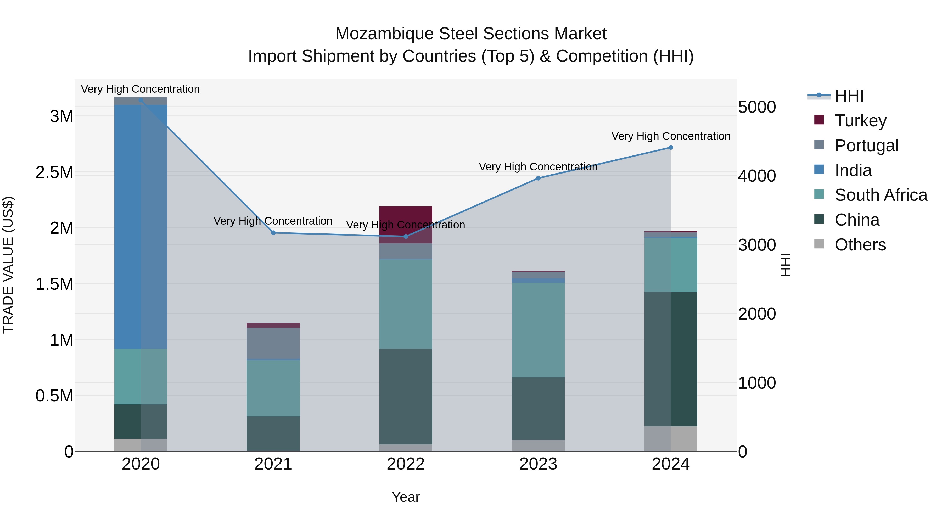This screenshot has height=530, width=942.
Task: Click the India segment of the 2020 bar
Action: pyautogui.click(x=141, y=227)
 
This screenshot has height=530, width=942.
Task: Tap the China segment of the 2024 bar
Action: pyautogui.click(x=671, y=359)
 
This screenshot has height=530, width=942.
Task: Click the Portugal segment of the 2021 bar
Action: pyautogui.click(x=273, y=343)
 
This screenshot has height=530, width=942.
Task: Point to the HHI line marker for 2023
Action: pyautogui.click(x=538, y=178)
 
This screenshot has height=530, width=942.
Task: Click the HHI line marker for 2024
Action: pyautogui.click(x=671, y=147)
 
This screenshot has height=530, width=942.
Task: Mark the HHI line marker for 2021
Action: pyautogui.click(x=273, y=233)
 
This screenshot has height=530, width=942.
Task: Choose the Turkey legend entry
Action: pyautogui.click(x=860, y=120)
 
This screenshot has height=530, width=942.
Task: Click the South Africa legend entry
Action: pyautogui.click(x=881, y=195)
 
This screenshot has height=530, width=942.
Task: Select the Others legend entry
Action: pyautogui.click(x=860, y=244)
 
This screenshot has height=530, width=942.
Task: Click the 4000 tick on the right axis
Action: pyautogui.click(x=756, y=176)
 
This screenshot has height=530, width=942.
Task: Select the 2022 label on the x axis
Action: pyautogui.click(x=406, y=464)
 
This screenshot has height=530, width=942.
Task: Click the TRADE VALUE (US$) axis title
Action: pyautogui.click(x=8, y=265)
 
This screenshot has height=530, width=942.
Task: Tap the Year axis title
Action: pyautogui.click(x=406, y=497)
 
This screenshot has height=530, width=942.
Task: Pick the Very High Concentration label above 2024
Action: pyautogui.click(x=671, y=136)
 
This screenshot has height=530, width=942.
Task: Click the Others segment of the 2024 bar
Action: pyautogui.click(x=671, y=439)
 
